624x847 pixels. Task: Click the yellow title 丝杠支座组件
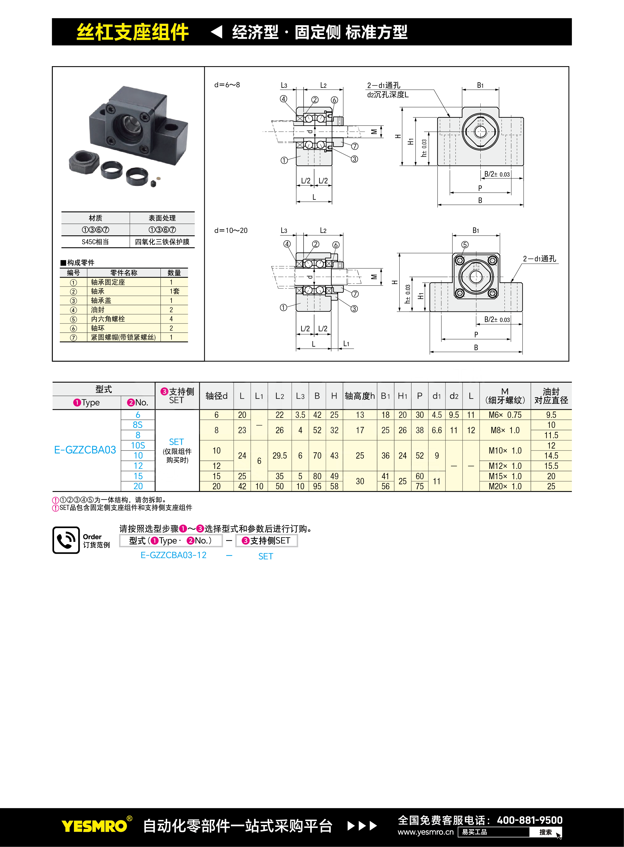coord(133,32)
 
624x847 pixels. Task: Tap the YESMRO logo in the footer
coord(94,826)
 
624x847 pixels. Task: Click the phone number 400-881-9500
coord(530,820)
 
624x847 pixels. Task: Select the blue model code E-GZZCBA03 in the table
coord(85,450)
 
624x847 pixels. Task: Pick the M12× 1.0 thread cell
coord(505,466)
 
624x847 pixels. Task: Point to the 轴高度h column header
coord(360,396)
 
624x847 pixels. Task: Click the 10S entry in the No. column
coord(138,446)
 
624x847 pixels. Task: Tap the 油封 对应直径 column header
coord(551,396)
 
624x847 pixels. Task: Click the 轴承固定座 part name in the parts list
coord(108,282)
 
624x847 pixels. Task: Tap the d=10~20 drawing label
coord(231,230)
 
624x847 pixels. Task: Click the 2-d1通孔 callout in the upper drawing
coord(383,85)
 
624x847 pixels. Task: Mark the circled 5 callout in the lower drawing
coord(465,245)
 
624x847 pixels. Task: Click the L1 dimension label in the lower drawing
coord(346,344)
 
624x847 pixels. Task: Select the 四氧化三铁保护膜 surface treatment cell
coord(162,242)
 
